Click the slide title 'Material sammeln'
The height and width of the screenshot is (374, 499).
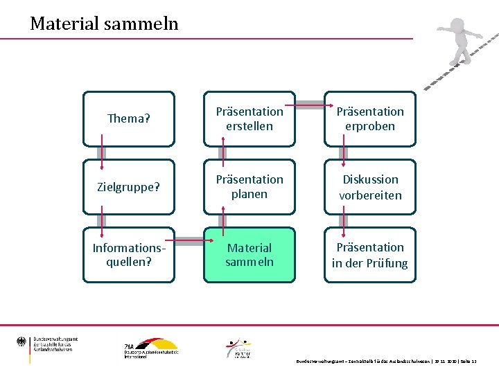pos(104,24)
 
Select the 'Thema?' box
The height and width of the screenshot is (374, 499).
pos(129,119)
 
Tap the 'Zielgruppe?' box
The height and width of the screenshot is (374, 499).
pos(129,187)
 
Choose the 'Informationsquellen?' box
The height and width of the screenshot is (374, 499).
pos(129,255)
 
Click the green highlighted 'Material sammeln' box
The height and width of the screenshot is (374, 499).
pos(249,255)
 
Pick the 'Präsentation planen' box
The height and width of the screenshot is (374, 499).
pos(249,187)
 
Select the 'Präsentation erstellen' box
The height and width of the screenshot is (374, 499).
pos(249,119)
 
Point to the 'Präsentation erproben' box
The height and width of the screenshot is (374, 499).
pos(370,119)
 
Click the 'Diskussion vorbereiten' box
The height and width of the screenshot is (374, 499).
pos(370,187)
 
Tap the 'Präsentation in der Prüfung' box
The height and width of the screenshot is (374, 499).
pos(370,255)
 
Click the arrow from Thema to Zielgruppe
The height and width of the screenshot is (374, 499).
pos(102,153)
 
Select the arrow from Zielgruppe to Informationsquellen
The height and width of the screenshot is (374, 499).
pos(102,221)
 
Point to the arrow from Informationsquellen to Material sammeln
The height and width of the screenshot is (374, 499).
pos(189,242)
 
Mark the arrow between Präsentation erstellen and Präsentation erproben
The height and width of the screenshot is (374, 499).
pos(310,106)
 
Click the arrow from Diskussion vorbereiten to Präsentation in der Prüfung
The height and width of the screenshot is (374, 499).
pos(344,221)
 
